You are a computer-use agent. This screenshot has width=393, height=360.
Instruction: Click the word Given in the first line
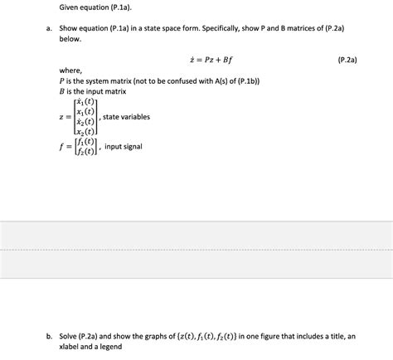(x=70, y=7)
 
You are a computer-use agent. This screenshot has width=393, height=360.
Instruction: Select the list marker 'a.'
(x=50, y=29)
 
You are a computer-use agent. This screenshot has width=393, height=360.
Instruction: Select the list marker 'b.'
(x=50, y=336)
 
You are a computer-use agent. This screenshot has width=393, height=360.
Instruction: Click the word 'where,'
(x=71, y=71)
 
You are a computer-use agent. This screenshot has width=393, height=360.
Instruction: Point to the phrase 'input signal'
(x=124, y=146)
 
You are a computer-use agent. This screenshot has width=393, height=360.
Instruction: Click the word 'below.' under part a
(x=72, y=39)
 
